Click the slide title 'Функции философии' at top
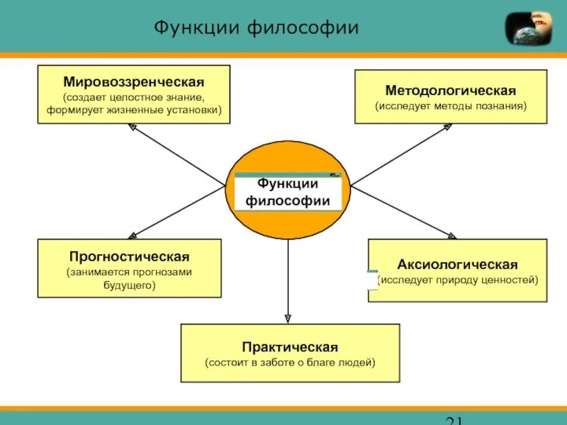(257, 28)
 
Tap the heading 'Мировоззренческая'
(133, 82)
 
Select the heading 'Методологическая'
(451, 91)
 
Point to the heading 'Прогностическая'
(129, 256)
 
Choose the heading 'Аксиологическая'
(457, 264)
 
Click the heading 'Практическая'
(290, 347)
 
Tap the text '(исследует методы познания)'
(451, 106)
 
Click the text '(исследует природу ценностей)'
(458, 280)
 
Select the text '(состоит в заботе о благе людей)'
(290, 362)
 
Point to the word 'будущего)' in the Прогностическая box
(129, 285)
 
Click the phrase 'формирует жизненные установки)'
(134, 110)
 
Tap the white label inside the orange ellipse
(288, 192)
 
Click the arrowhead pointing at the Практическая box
(288, 318)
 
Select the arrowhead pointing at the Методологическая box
(448, 127)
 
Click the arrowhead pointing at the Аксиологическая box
(452, 236)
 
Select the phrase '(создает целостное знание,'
(133, 96)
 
